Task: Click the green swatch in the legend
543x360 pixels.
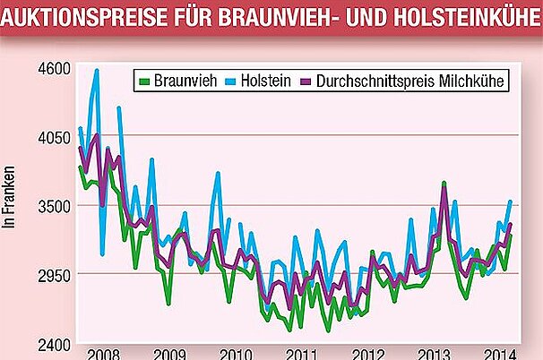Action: [147, 81]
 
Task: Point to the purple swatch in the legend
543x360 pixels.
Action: [309, 81]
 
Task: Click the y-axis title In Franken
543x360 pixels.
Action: [12, 198]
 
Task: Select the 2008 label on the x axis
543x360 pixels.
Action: [104, 352]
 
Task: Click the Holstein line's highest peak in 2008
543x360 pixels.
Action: [97, 70]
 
